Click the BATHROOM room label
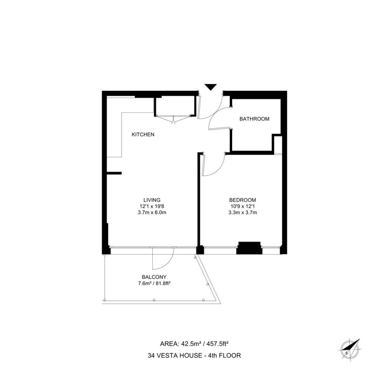(x=254, y=119)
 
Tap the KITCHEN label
(x=143, y=134)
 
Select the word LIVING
(x=152, y=200)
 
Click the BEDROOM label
(x=242, y=200)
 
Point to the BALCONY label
(x=154, y=277)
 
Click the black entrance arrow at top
(x=210, y=87)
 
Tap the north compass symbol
(x=350, y=349)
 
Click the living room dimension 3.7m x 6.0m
(x=152, y=212)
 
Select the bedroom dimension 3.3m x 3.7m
(x=242, y=212)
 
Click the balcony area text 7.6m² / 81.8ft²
(x=154, y=283)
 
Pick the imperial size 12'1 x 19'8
(x=152, y=206)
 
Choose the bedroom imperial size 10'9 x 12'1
(x=242, y=206)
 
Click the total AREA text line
(x=194, y=344)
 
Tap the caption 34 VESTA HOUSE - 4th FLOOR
(x=194, y=356)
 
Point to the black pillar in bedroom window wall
(x=249, y=248)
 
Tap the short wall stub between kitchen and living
(x=114, y=173)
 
